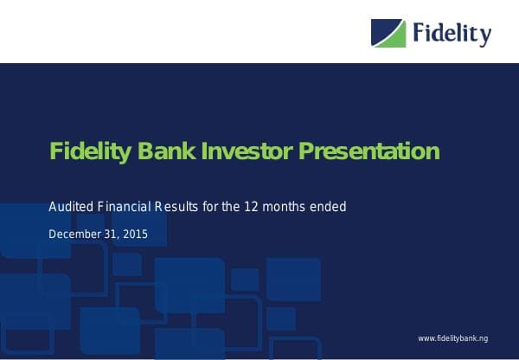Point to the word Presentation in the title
coord(369,152)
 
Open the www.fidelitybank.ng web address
coord(453,337)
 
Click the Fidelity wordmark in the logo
coord(452,34)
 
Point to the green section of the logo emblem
coord(394,37)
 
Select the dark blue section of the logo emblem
coord(381,29)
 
